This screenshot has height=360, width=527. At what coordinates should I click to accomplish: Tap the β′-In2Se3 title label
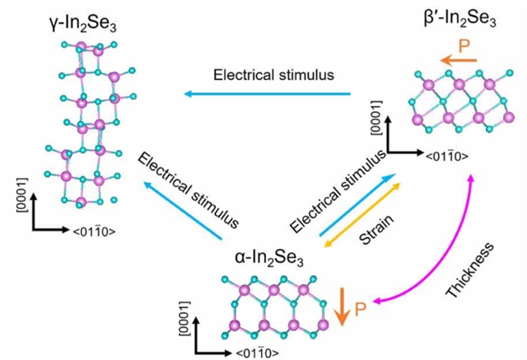coord(452,16)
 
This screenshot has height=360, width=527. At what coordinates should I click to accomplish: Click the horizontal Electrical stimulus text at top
coord(273,74)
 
